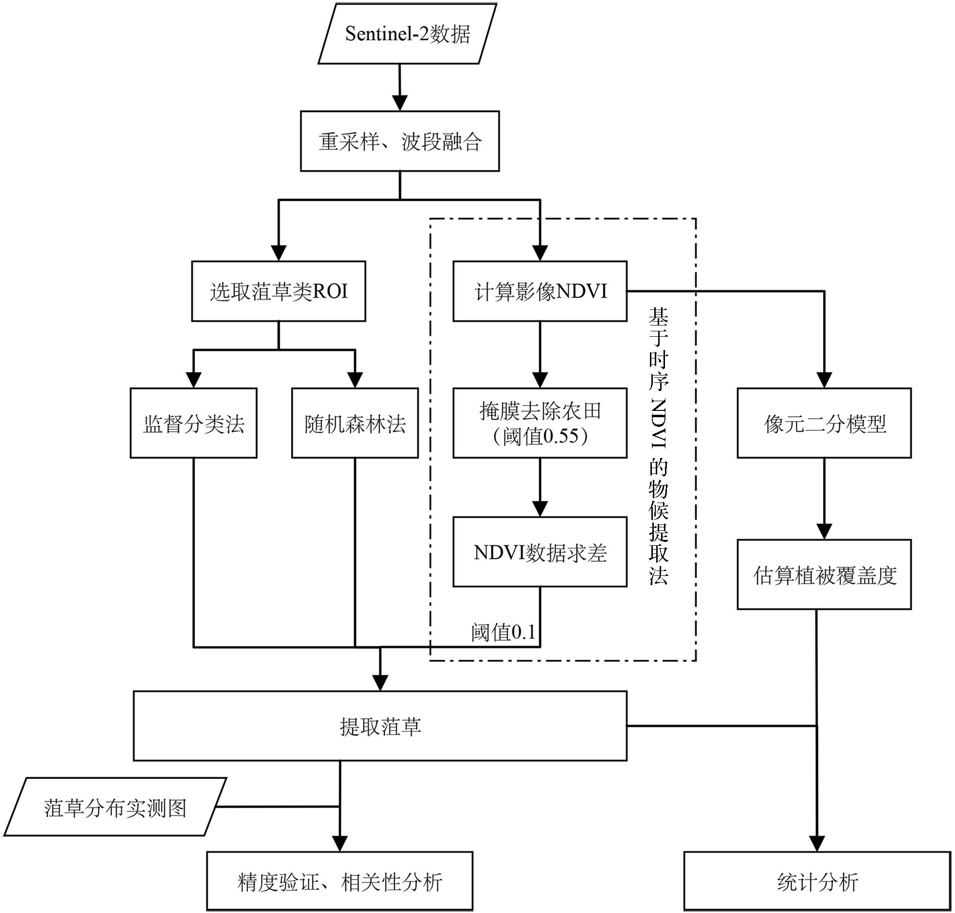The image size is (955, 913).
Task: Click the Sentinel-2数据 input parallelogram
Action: tap(407, 34)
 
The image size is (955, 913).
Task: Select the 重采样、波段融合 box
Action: tap(400, 141)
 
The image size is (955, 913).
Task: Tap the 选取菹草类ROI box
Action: tap(278, 291)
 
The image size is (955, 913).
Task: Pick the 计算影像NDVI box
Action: tap(539, 291)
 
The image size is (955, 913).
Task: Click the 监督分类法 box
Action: tap(193, 423)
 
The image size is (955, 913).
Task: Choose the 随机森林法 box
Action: tap(355, 423)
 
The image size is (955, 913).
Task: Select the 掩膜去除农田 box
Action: tap(539, 423)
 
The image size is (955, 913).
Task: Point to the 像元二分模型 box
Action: tap(824, 423)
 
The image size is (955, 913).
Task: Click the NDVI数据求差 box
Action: tap(539, 552)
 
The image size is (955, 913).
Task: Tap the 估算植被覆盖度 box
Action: tap(824, 574)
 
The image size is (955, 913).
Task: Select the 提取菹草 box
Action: tap(380, 726)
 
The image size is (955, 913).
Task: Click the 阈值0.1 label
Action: tap(503, 632)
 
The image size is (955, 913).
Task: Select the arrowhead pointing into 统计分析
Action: tap(817, 843)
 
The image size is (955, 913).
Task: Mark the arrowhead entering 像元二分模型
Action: tap(824, 379)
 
